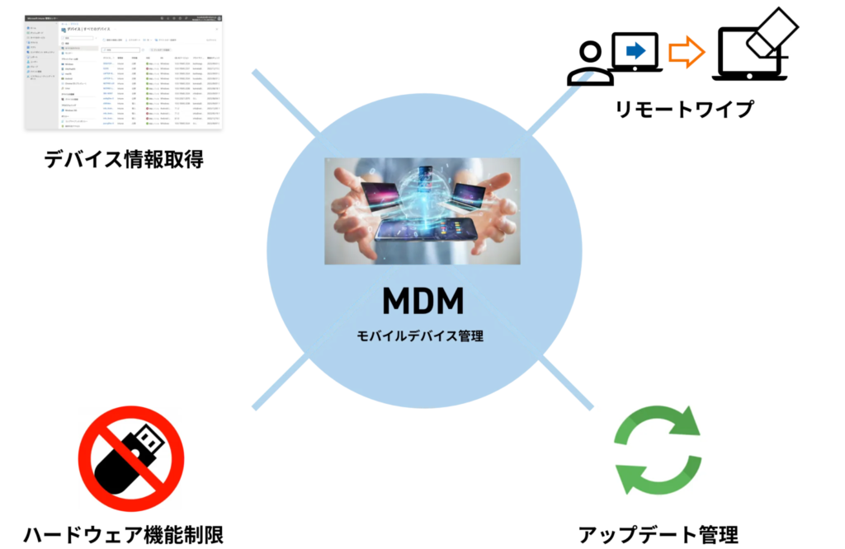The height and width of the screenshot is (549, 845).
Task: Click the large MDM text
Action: (422, 302)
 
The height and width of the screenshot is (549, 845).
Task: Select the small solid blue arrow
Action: (635, 51)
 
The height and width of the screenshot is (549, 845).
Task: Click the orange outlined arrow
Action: (687, 52)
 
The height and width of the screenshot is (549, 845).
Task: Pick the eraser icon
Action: (771, 33)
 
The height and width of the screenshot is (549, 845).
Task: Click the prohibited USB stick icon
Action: (130, 458)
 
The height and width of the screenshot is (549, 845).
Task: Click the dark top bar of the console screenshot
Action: (124, 17)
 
